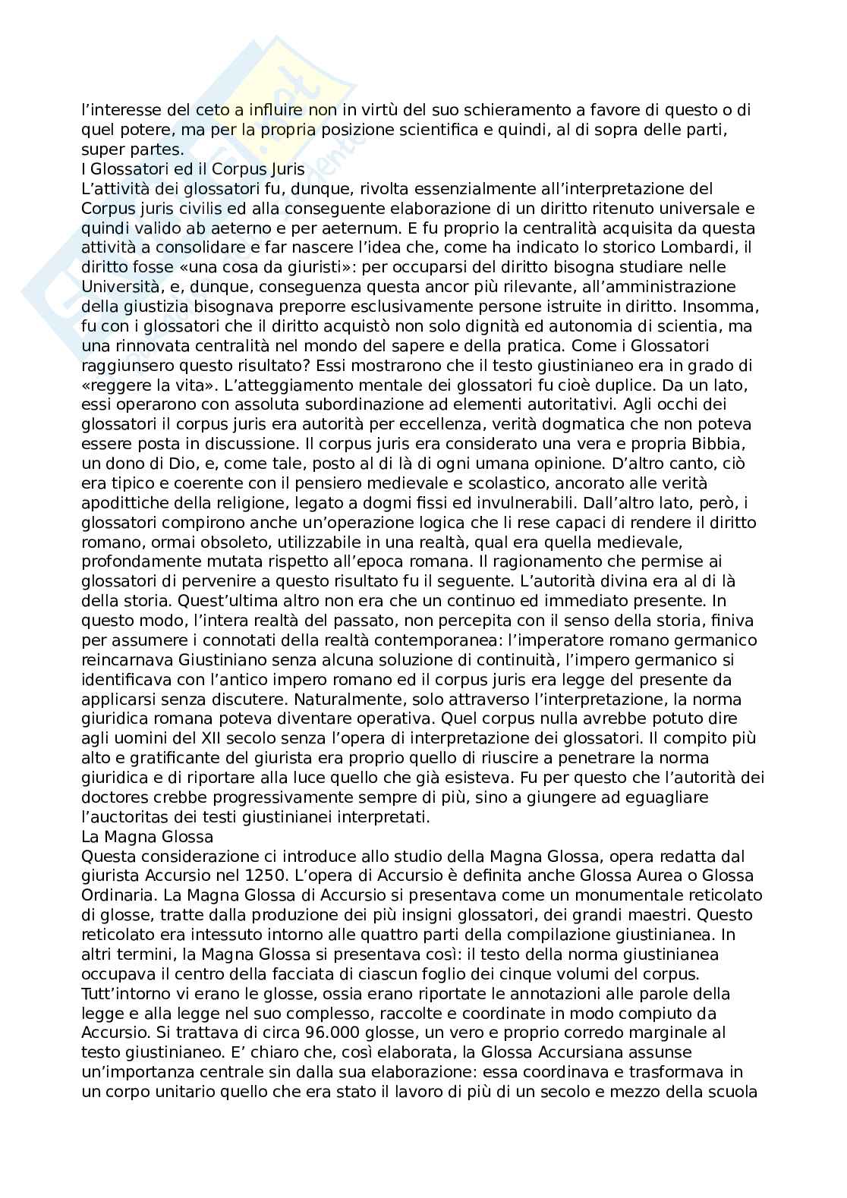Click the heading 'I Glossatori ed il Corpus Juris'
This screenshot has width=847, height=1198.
tap(193, 169)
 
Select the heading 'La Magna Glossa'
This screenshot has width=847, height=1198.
tap(147, 837)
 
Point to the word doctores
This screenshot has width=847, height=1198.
tap(115, 797)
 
